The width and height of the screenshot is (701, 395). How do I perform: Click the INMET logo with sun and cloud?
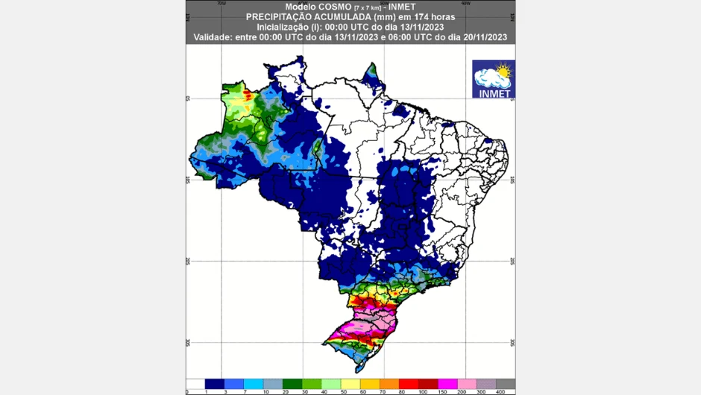(493, 79)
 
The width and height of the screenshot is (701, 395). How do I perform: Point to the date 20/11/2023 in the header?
(482, 37)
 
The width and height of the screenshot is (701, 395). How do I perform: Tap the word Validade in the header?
(214, 37)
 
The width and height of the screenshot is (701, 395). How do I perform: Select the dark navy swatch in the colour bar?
(215, 384)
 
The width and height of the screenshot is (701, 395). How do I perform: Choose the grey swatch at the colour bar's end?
(506, 384)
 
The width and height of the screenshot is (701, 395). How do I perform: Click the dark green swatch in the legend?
(292, 384)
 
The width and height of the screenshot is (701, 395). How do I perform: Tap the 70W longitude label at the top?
(221, 3)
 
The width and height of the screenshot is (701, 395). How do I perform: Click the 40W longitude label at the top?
(465, 3)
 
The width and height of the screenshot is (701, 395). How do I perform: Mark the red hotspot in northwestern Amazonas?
(248, 95)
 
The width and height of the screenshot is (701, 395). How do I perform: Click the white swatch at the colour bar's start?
(195, 384)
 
